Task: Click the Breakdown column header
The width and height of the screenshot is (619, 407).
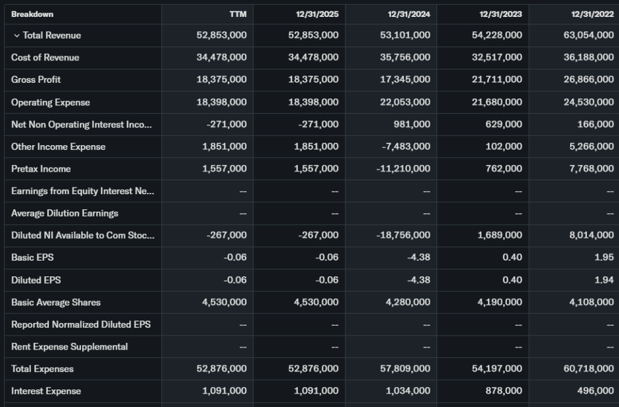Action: (32, 14)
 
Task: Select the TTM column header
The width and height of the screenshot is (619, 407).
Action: (239, 14)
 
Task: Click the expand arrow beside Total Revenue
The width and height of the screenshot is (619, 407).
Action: (16, 36)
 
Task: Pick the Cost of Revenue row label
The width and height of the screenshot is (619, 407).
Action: (45, 57)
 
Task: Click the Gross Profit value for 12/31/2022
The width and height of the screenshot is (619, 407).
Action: (588, 80)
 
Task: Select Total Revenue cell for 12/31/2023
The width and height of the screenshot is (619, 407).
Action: (497, 36)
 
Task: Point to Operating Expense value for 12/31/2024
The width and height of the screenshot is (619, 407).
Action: (405, 102)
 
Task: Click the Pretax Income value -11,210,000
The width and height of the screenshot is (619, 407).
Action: (403, 169)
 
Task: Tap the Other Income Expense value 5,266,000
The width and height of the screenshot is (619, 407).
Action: (591, 146)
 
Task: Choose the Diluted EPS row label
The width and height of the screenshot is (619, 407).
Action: (36, 280)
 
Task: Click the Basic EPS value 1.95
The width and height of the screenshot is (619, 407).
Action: (604, 258)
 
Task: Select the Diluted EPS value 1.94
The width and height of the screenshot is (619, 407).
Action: (604, 280)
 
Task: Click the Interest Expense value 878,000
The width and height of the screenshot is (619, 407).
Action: (504, 391)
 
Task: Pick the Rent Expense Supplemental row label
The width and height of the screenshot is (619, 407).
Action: (69, 347)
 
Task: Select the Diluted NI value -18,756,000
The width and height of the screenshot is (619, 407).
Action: (403, 235)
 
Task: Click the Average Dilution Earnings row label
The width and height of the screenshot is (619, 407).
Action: (65, 213)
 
